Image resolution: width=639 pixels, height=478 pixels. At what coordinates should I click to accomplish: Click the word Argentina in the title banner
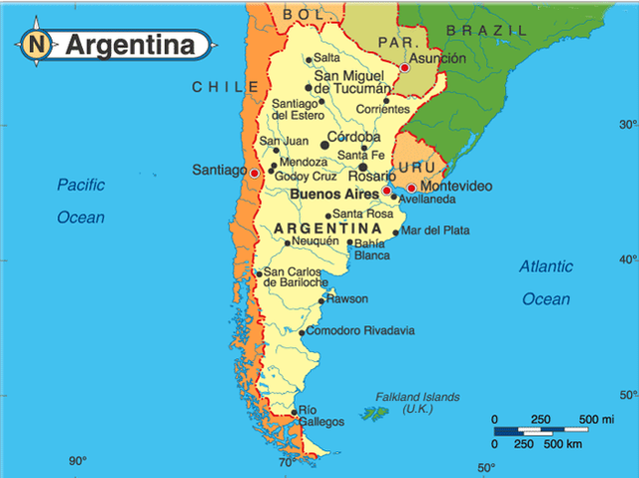[x=130, y=45]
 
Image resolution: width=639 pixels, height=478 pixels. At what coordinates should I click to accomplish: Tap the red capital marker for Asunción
[x=404, y=68]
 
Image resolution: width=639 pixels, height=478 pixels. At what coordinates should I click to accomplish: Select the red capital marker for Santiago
[x=255, y=173]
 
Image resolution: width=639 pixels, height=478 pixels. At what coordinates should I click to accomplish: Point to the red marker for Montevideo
[x=411, y=188]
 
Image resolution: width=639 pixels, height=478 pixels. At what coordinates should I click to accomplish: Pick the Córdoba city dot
[x=324, y=146]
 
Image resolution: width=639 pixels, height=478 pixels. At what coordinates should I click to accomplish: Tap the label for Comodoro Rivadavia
[x=360, y=331]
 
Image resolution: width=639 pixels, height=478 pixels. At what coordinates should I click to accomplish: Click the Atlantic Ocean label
[x=546, y=282]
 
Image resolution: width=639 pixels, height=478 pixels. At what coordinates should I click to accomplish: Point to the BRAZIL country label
[x=486, y=31]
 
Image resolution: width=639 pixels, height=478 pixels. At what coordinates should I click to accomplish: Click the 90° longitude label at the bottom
[x=78, y=461]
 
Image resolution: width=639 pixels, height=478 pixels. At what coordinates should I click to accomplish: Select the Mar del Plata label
[x=434, y=231]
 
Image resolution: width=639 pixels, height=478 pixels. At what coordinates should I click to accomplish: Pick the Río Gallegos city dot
[x=293, y=411]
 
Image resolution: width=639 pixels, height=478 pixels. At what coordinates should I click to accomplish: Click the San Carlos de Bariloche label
[x=295, y=277]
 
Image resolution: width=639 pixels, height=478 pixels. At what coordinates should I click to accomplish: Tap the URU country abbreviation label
[x=415, y=167]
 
